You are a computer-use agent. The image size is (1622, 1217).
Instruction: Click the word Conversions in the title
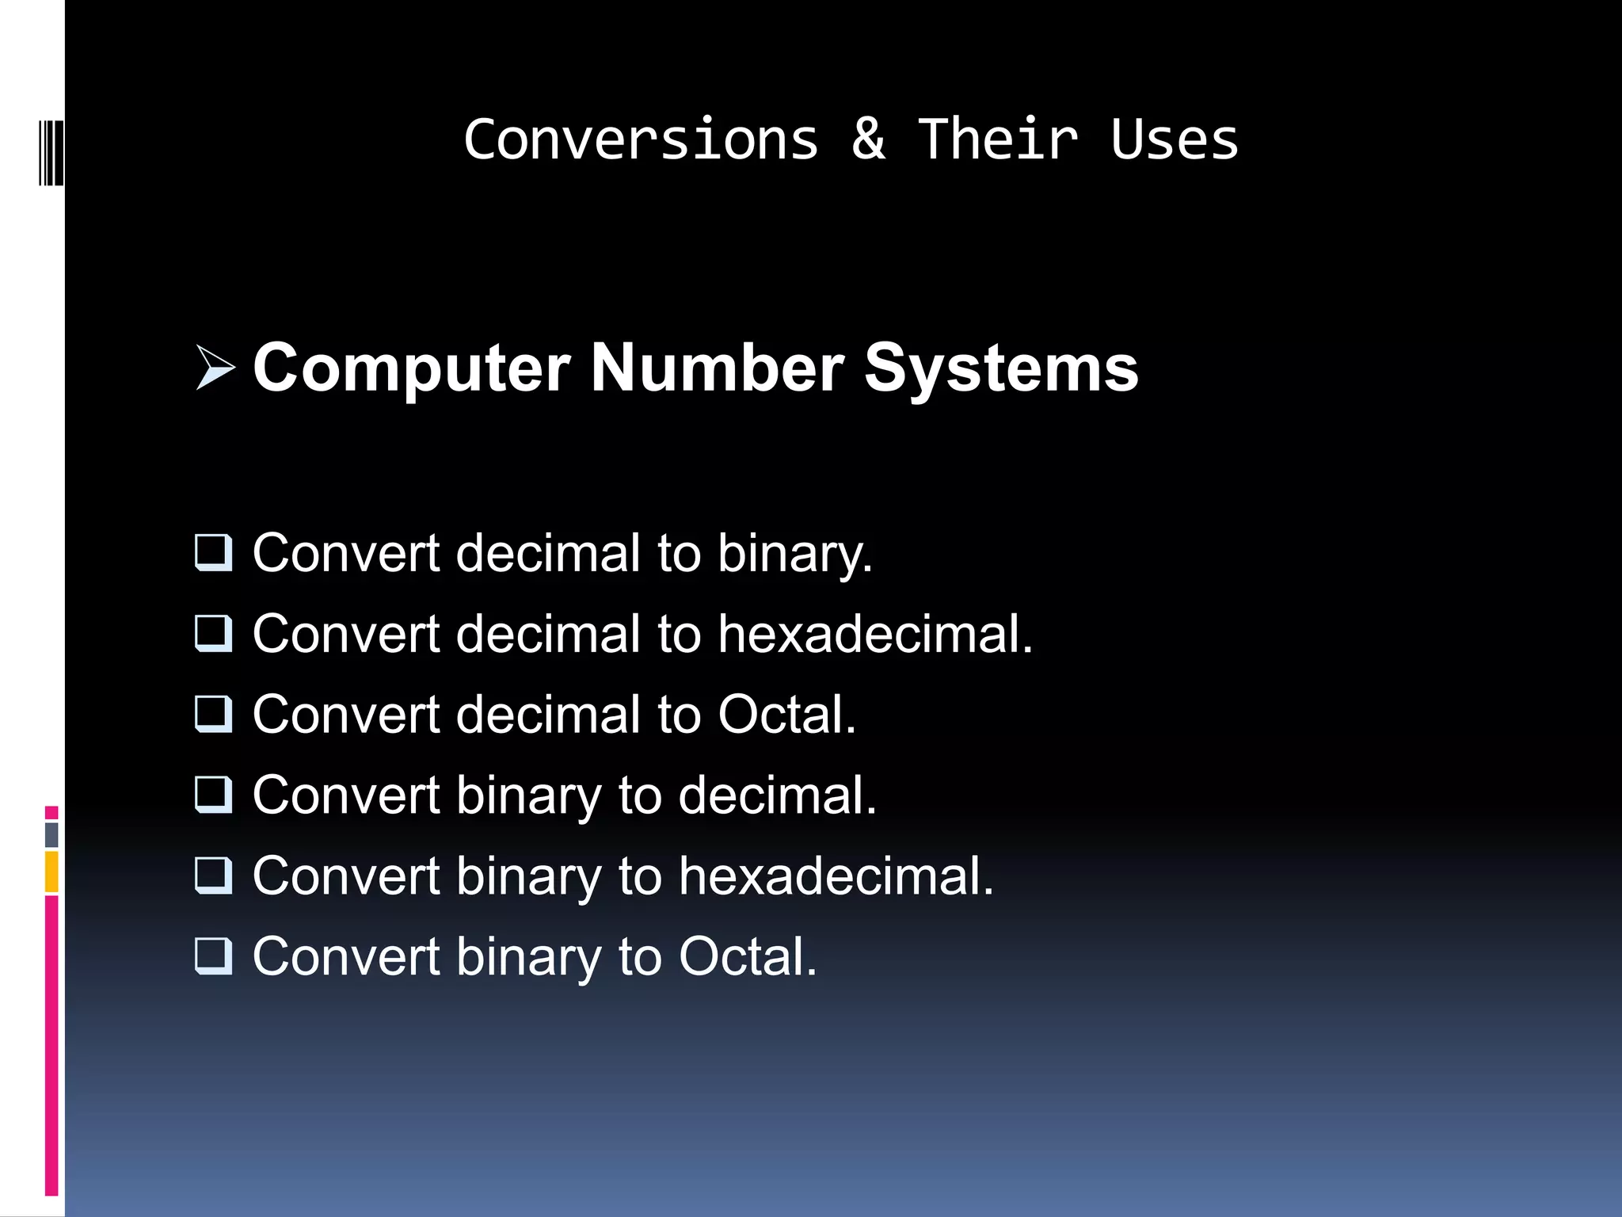(641, 139)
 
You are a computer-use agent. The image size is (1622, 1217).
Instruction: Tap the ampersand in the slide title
(868, 139)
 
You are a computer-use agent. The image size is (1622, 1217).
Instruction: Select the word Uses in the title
(1174, 139)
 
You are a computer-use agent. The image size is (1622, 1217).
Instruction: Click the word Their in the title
(998, 139)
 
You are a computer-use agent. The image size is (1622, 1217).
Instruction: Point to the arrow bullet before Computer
(215, 368)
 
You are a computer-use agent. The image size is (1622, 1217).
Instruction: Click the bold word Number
(718, 368)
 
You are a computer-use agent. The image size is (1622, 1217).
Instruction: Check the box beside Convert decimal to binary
(214, 552)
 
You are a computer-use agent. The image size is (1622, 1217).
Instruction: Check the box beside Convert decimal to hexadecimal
(214, 633)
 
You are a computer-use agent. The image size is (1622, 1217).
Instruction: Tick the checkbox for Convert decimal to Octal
(214, 714)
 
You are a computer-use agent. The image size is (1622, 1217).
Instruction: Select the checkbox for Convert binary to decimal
(214, 795)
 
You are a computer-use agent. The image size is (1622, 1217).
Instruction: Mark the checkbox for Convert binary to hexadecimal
(214, 876)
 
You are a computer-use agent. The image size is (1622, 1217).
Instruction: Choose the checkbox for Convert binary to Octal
(214, 956)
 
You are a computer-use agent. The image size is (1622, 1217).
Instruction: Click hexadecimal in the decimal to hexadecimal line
(875, 634)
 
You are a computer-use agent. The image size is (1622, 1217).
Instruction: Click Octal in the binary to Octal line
(747, 956)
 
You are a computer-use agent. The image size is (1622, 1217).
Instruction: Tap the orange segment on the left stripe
(51, 872)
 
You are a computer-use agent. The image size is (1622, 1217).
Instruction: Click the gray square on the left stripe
(51, 834)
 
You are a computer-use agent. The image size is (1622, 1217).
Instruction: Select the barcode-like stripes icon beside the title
(51, 153)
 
